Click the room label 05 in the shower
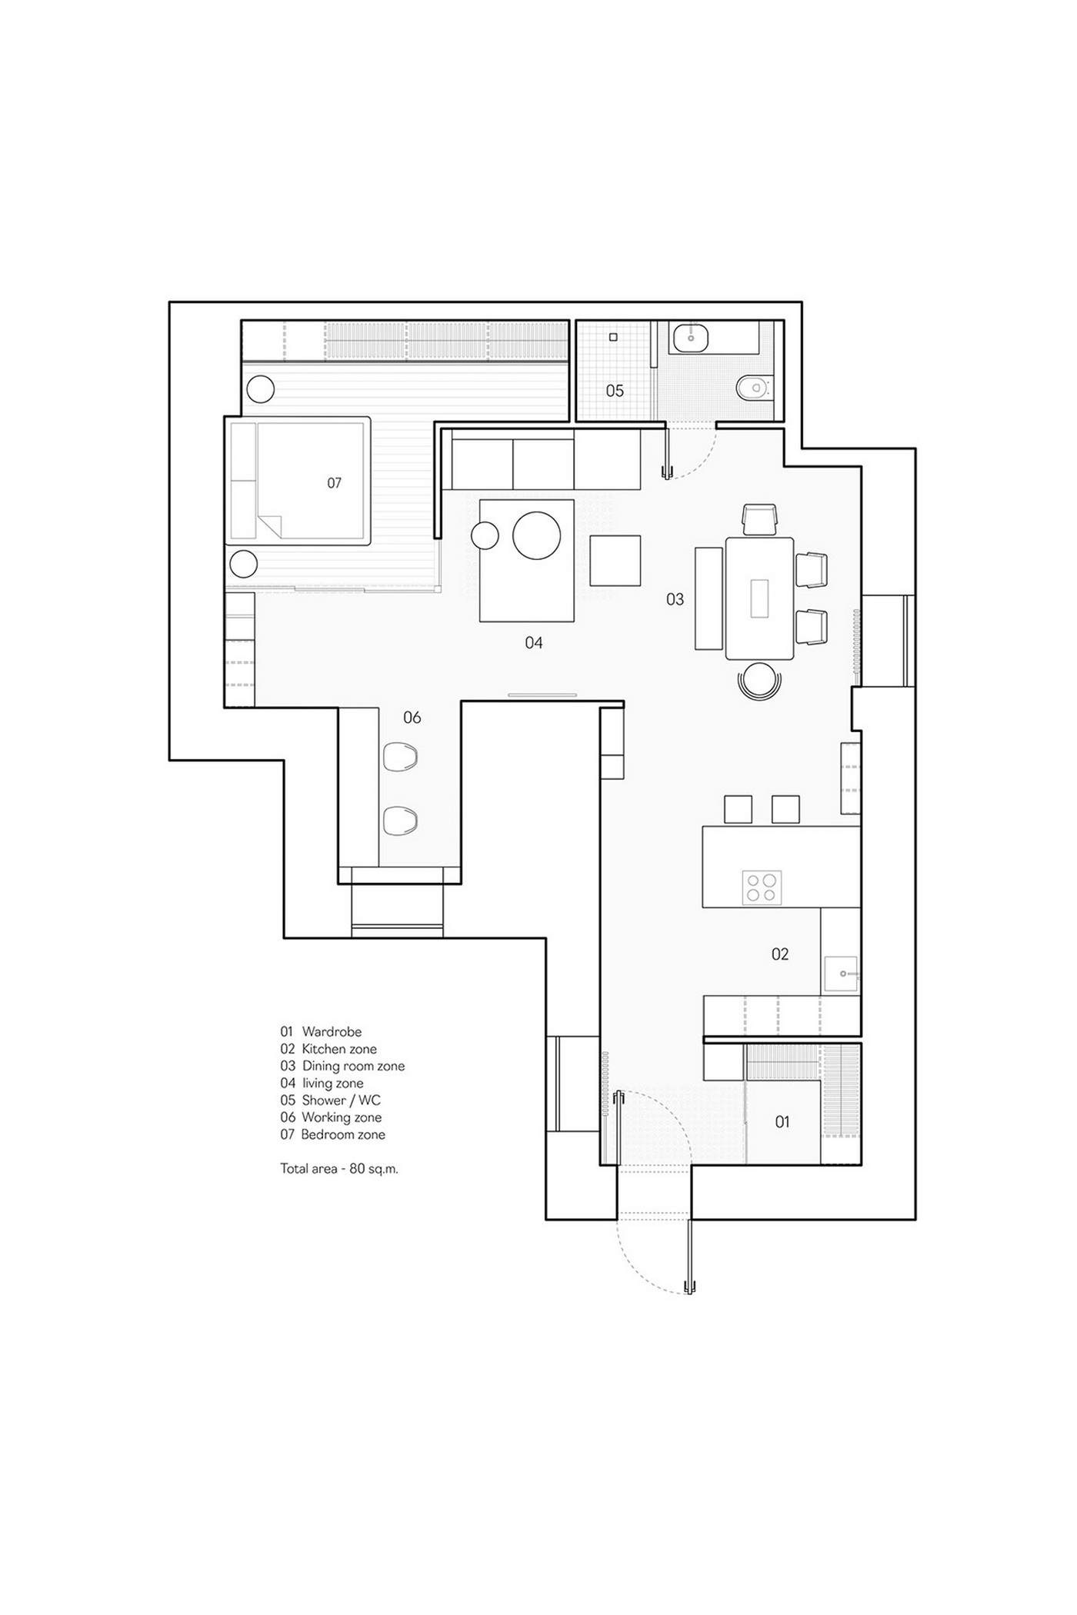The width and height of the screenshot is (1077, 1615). (615, 391)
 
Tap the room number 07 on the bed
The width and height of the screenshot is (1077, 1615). (334, 483)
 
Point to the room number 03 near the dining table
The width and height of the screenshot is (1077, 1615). (675, 599)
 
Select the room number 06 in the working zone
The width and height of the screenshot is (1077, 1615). (412, 718)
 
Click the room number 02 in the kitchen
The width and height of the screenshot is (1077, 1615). (780, 954)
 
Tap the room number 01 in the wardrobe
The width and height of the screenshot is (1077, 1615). (782, 1122)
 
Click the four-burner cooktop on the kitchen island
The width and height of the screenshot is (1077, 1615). (762, 887)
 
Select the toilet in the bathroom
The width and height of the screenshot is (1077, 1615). (754, 387)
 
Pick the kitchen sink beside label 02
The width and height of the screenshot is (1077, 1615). (842, 974)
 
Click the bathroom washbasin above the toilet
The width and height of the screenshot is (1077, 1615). (695, 337)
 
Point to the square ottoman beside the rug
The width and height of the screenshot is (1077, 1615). (615, 561)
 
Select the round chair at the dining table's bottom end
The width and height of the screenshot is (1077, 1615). (759, 680)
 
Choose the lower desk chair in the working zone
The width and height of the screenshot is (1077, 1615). (400, 821)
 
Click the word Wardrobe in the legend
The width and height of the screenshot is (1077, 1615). (332, 1032)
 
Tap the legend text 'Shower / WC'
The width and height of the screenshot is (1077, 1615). (341, 1101)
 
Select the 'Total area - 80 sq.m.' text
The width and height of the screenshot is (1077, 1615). (339, 1169)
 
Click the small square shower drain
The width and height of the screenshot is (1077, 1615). (614, 337)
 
